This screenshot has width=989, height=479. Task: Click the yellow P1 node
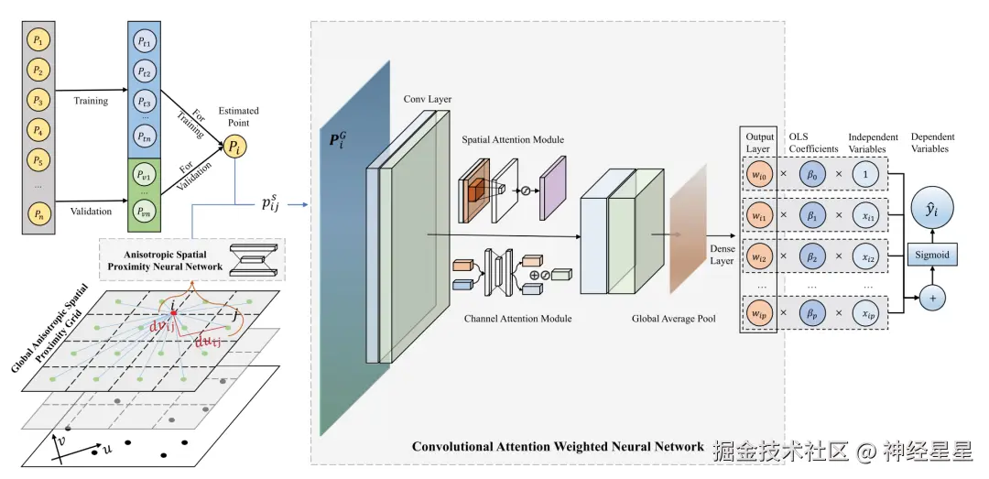(38, 40)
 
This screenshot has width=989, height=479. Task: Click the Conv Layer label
(428, 99)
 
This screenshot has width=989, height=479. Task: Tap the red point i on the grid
(172, 313)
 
